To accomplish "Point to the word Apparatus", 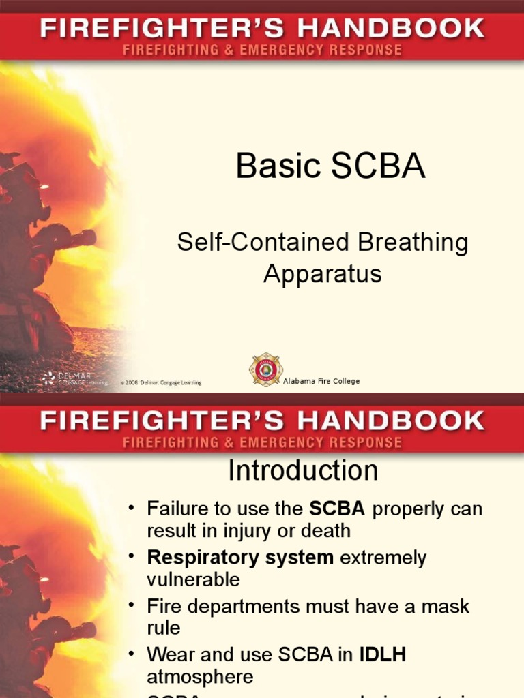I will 322,273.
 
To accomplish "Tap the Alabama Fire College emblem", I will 265,370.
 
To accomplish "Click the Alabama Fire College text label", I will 321,381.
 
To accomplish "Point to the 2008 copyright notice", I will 161,383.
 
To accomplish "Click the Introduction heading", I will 303,470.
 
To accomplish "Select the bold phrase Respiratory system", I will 240,558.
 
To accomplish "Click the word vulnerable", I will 194,579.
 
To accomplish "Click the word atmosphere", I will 200,677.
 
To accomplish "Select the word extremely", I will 383,558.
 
